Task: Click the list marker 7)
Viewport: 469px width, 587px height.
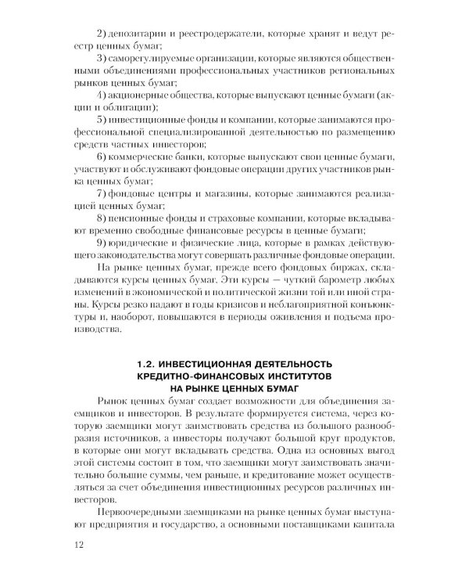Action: (101, 193)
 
